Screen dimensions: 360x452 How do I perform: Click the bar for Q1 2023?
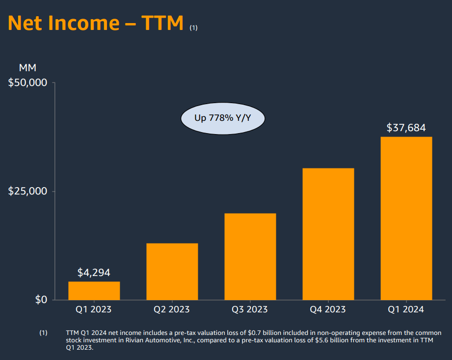pos(94,290)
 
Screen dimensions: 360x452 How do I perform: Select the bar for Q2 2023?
pos(172,272)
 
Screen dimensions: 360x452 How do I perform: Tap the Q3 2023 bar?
pos(250,256)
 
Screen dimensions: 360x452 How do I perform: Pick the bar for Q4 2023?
pos(328,234)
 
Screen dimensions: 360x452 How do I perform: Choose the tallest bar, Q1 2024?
pos(406,218)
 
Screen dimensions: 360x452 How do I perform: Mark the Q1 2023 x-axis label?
pos(93,309)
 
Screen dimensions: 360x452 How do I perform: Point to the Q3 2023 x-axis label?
pos(250,309)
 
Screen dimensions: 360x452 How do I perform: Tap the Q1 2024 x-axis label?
pos(406,309)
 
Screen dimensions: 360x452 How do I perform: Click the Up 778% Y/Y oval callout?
pos(223,118)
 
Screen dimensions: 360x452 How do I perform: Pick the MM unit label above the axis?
pos(27,68)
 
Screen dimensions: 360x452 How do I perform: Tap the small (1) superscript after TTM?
pos(193,28)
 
